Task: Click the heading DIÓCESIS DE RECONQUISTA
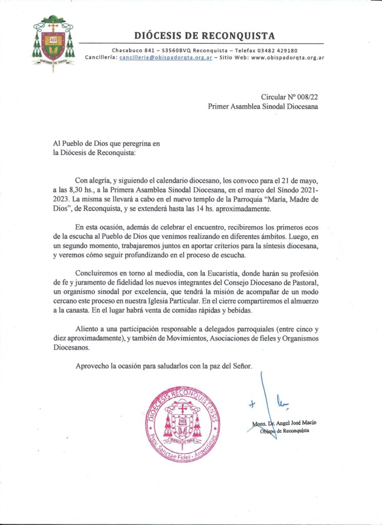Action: coord(204,36)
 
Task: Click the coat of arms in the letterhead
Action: coord(53,43)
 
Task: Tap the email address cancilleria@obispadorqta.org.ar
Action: coord(166,58)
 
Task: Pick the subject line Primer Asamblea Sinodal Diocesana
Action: coord(263,107)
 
